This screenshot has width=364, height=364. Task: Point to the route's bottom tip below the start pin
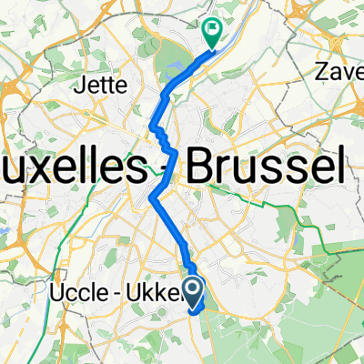pyautogui.click(x=194, y=310)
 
